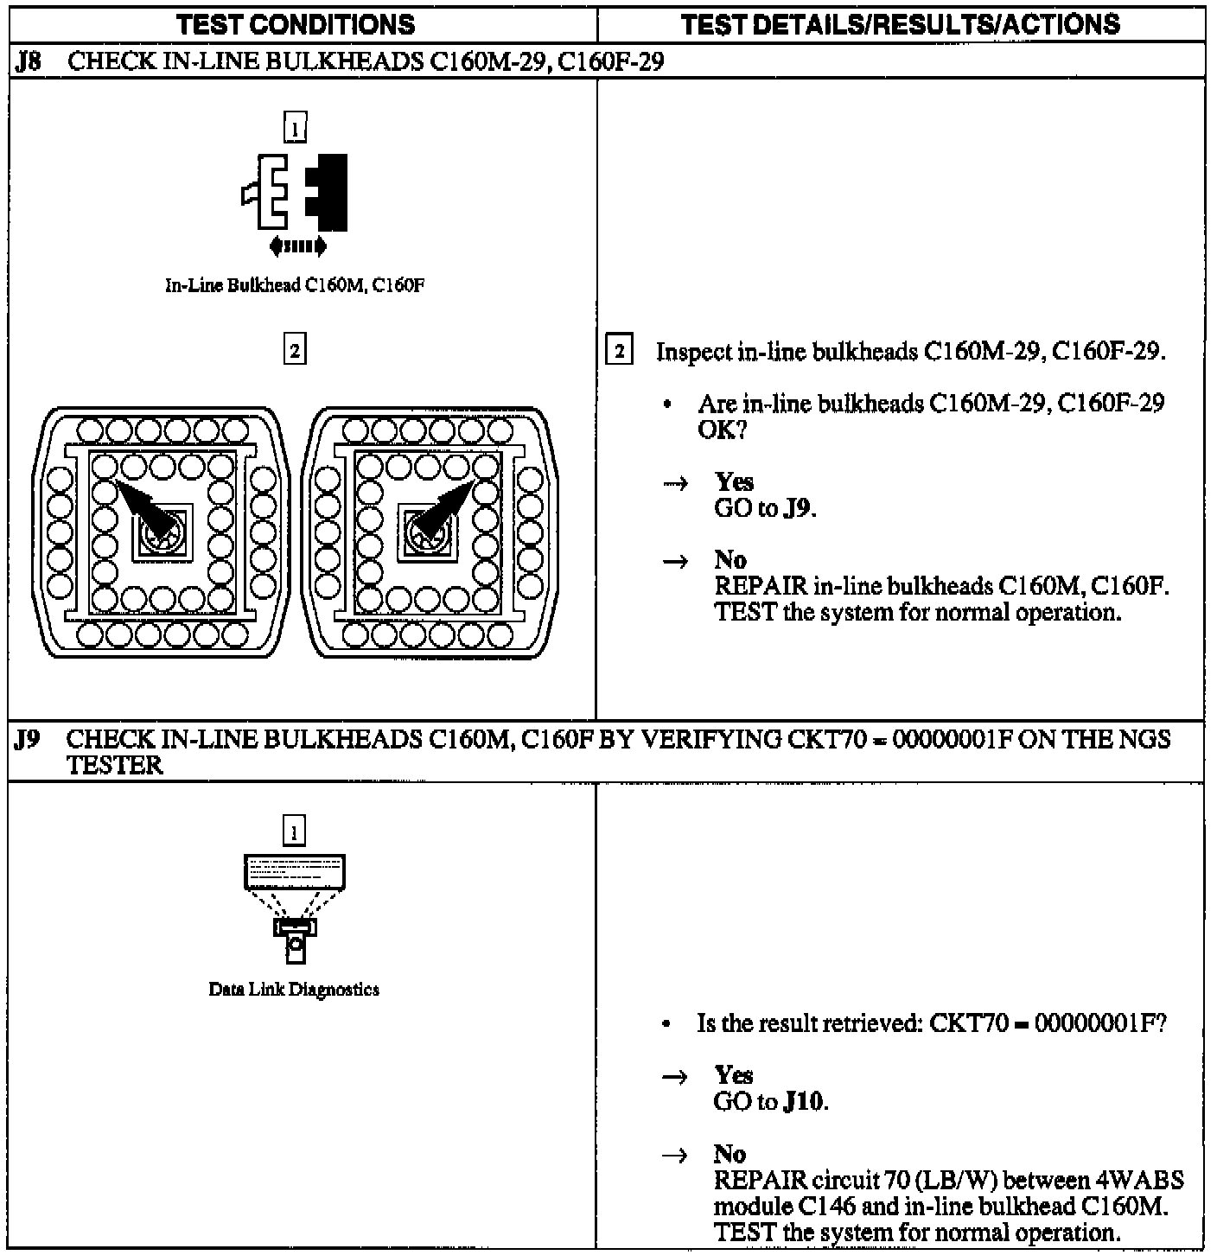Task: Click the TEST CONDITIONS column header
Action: pyautogui.click(x=295, y=24)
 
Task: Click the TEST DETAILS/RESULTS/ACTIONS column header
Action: pyautogui.click(x=900, y=24)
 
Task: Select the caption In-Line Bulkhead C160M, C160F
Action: pyautogui.click(x=295, y=285)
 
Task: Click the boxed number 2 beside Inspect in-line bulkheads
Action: pyautogui.click(x=619, y=352)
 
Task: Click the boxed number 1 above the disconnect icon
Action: pyautogui.click(x=295, y=129)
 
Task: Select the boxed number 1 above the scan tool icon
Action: pyautogui.click(x=295, y=831)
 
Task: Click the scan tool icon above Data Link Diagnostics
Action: pyautogui.click(x=295, y=908)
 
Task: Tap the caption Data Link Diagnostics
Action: pyautogui.click(x=295, y=990)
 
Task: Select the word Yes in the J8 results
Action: pyautogui.click(x=734, y=482)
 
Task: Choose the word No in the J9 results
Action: pyautogui.click(x=730, y=1154)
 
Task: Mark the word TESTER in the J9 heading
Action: pyautogui.click(x=115, y=766)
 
